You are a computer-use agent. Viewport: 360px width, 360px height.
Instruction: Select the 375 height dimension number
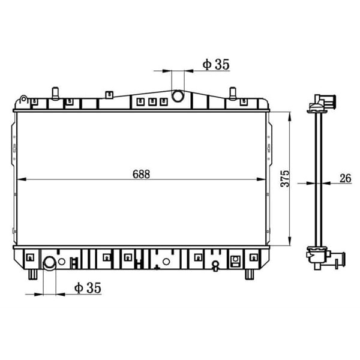(286, 178)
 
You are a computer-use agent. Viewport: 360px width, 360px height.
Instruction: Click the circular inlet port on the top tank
(178, 96)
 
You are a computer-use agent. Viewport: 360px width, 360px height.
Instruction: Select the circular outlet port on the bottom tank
(50, 262)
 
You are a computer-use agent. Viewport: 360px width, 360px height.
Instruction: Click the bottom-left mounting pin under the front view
(31, 274)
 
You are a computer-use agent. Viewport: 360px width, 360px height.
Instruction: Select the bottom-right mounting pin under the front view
(249, 274)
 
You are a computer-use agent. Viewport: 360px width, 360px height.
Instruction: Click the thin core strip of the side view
(314, 180)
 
